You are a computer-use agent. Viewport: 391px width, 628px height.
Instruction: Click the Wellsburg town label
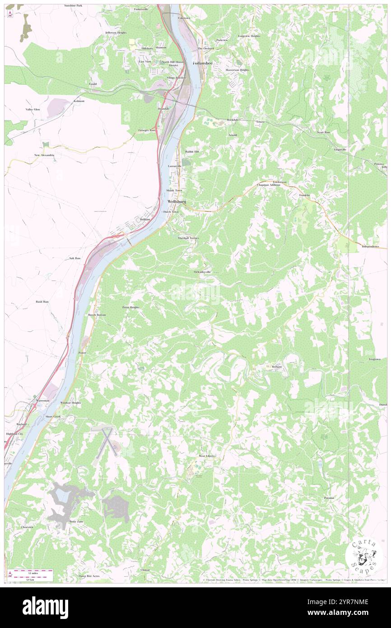[x=176, y=201]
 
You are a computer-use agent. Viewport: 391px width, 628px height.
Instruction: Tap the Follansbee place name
[x=202, y=63]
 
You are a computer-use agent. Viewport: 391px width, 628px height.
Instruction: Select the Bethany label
[x=276, y=366]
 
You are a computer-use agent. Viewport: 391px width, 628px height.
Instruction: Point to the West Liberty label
[x=207, y=456]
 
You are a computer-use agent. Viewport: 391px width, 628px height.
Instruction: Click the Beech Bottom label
[x=97, y=314]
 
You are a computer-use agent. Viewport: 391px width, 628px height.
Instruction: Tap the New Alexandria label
[x=44, y=155]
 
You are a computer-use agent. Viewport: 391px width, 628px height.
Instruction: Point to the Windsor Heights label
[x=70, y=402]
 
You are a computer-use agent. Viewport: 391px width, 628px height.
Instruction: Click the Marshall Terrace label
[x=188, y=238]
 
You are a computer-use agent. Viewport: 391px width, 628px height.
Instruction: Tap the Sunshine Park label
[x=73, y=5]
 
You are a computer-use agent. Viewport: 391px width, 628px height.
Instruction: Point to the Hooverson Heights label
[x=237, y=70]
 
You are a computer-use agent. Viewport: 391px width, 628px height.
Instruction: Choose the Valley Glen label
[x=33, y=109]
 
